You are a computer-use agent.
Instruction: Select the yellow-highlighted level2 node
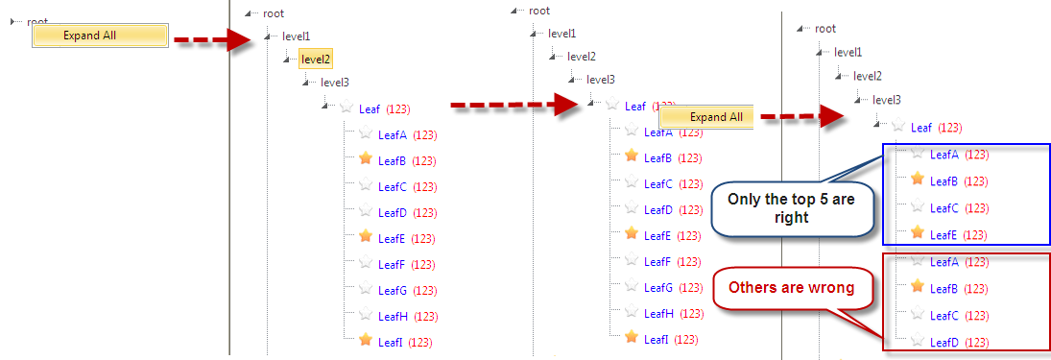[315, 59]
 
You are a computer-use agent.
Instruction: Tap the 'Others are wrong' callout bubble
[791, 288]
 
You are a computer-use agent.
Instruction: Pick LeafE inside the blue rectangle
[944, 234]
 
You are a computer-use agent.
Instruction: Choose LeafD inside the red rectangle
[944, 342]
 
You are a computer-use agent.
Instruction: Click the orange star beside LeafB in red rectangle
[918, 287]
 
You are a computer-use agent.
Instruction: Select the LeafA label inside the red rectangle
[944, 261]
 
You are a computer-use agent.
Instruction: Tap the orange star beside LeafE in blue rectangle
[918, 233]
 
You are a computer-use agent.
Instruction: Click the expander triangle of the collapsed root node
[12, 22]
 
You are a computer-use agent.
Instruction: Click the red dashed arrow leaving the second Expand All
[801, 116]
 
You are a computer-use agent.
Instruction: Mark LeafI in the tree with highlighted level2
[390, 343]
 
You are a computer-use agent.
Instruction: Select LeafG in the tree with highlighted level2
[393, 290]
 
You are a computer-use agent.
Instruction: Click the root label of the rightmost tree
[825, 28]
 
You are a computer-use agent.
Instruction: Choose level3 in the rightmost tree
[887, 100]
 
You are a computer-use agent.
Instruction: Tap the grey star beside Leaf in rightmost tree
[898, 126]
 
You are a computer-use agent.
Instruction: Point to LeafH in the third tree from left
[658, 313]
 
